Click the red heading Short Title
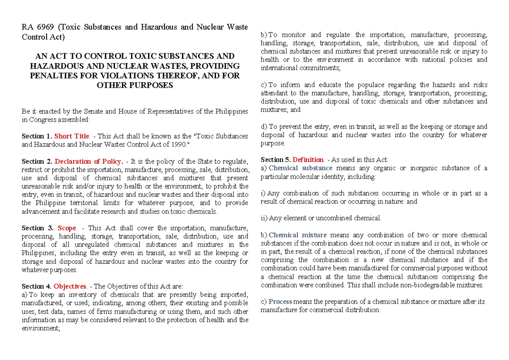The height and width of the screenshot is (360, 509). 72,136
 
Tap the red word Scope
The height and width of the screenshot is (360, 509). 67,228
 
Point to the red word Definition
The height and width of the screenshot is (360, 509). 308,160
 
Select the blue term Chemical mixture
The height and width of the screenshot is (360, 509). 298,235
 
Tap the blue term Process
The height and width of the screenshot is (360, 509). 280,301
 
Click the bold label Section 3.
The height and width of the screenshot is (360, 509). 37,228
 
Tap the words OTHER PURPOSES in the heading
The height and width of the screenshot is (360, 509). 135,85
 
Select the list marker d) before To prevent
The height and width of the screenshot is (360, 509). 264,126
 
